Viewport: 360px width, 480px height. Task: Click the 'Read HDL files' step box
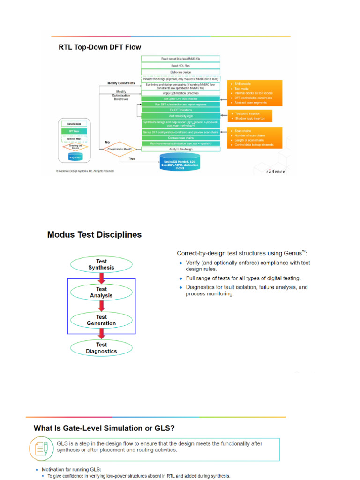click(x=180, y=65)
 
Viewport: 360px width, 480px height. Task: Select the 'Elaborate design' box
click(x=180, y=72)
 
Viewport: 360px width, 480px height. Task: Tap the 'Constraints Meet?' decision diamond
click(x=118, y=149)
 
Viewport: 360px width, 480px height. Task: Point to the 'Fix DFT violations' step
click(x=180, y=110)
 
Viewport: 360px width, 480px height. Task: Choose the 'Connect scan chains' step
click(x=180, y=138)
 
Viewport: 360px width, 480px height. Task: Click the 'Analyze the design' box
click(x=180, y=149)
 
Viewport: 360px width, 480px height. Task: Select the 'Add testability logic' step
click(x=180, y=116)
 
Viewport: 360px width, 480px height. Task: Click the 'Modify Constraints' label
click(x=121, y=83)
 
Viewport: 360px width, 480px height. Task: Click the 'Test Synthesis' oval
click(x=101, y=264)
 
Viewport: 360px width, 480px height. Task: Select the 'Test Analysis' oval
click(x=101, y=292)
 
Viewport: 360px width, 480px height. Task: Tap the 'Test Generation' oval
click(x=101, y=320)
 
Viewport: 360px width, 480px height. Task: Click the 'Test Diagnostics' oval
click(x=101, y=348)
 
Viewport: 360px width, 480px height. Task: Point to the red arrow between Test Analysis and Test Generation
click(x=101, y=306)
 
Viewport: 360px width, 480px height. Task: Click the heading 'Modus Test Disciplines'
click(x=94, y=234)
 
